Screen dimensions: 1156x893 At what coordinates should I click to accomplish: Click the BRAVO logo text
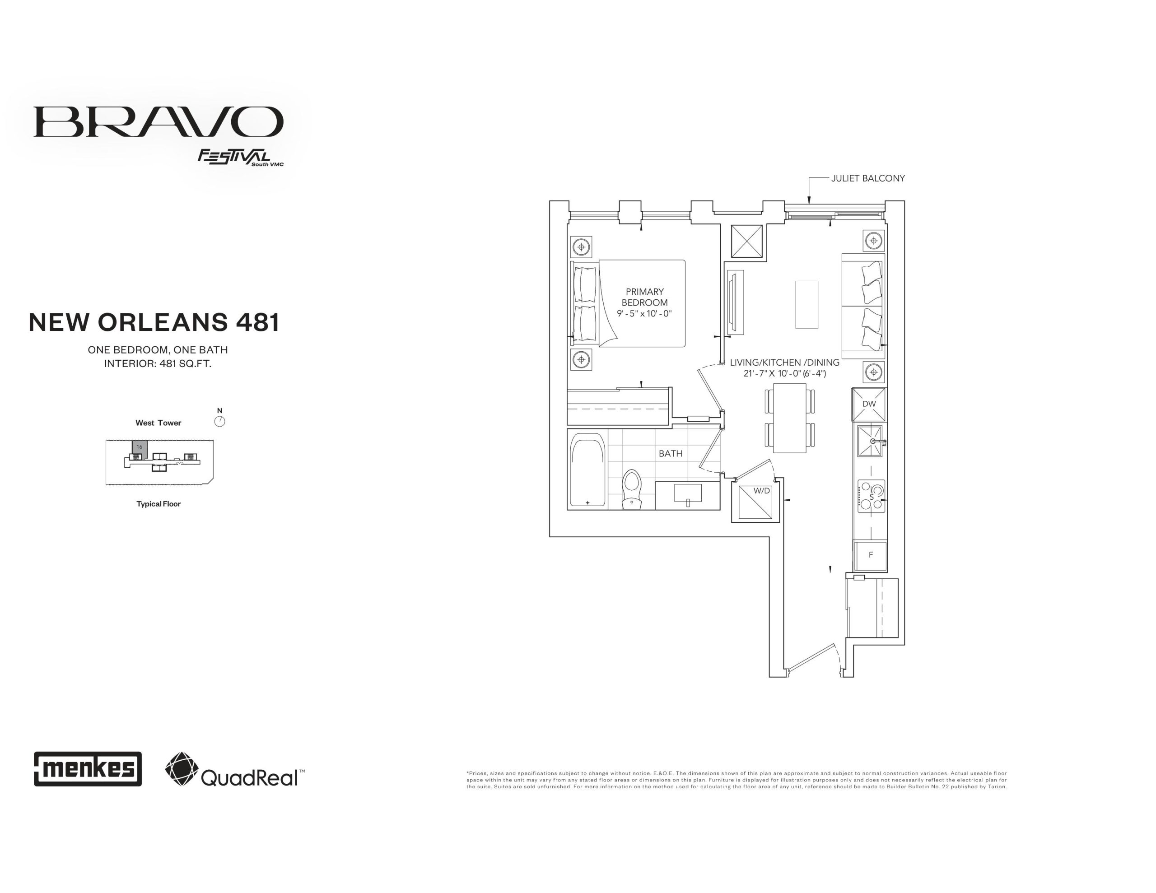[158, 122]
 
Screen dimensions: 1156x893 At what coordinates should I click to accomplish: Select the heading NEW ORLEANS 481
[154, 322]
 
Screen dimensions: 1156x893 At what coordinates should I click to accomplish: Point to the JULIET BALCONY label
[868, 178]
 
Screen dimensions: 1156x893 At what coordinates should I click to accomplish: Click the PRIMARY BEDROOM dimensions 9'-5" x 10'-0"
[644, 313]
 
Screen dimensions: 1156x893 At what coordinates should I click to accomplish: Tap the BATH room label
[671, 454]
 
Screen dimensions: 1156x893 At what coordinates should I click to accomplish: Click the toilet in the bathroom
[631, 488]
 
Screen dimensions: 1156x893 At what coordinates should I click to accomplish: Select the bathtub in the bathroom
[587, 470]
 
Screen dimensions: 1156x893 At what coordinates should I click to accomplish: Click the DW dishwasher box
[869, 405]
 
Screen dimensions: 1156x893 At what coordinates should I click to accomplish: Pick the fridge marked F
[870, 555]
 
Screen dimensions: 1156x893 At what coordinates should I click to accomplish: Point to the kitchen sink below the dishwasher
[870, 441]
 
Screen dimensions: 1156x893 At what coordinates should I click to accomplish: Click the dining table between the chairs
[790, 418]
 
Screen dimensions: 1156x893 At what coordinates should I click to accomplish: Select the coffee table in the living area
[806, 304]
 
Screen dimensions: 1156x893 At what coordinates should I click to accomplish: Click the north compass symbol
[219, 421]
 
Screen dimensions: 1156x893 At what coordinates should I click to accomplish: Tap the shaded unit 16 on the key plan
[139, 449]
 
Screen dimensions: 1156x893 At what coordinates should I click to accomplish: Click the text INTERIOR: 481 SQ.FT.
[158, 364]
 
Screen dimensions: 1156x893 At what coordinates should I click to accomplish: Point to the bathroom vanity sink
[688, 493]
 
